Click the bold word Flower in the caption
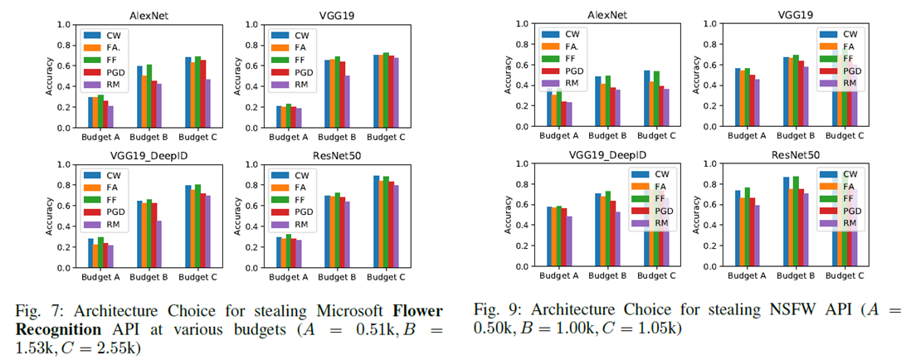tap(419, 310)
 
